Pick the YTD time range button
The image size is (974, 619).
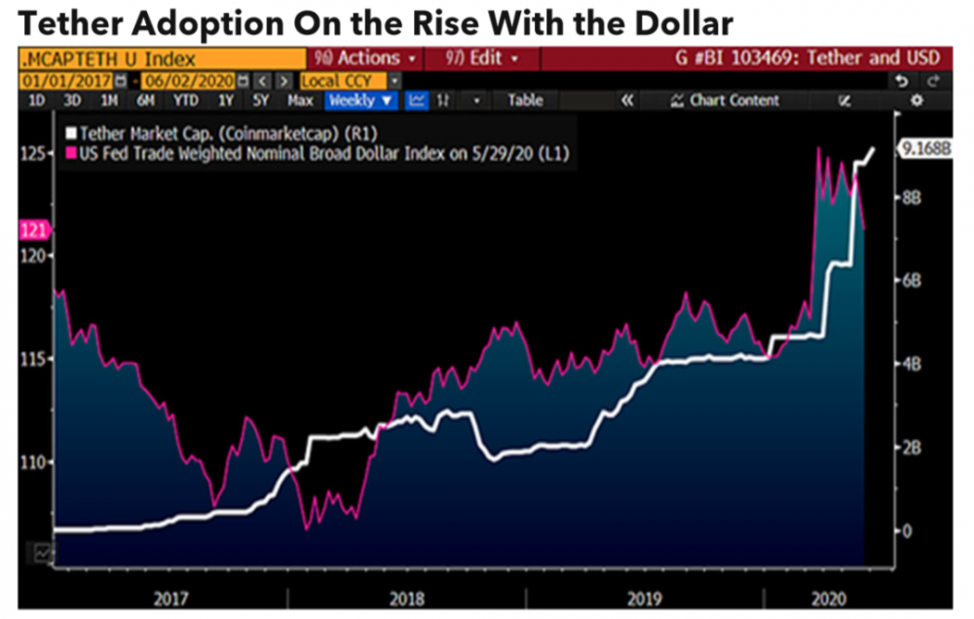pyautogui.click(x=186, y=100)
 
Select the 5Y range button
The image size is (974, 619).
pyautogui.click(x=260, y=100)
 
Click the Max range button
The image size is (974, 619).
pyautogui.click(x=300, y=100)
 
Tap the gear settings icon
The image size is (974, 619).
pyautogui.click(x=916, y=100)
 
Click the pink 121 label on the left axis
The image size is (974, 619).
pyautogui.click(x=32, y=231)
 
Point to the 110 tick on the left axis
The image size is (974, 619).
pyautogui.click(x=32, y=462)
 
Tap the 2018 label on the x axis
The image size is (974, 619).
pyautogui.click(x=406, y=597)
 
